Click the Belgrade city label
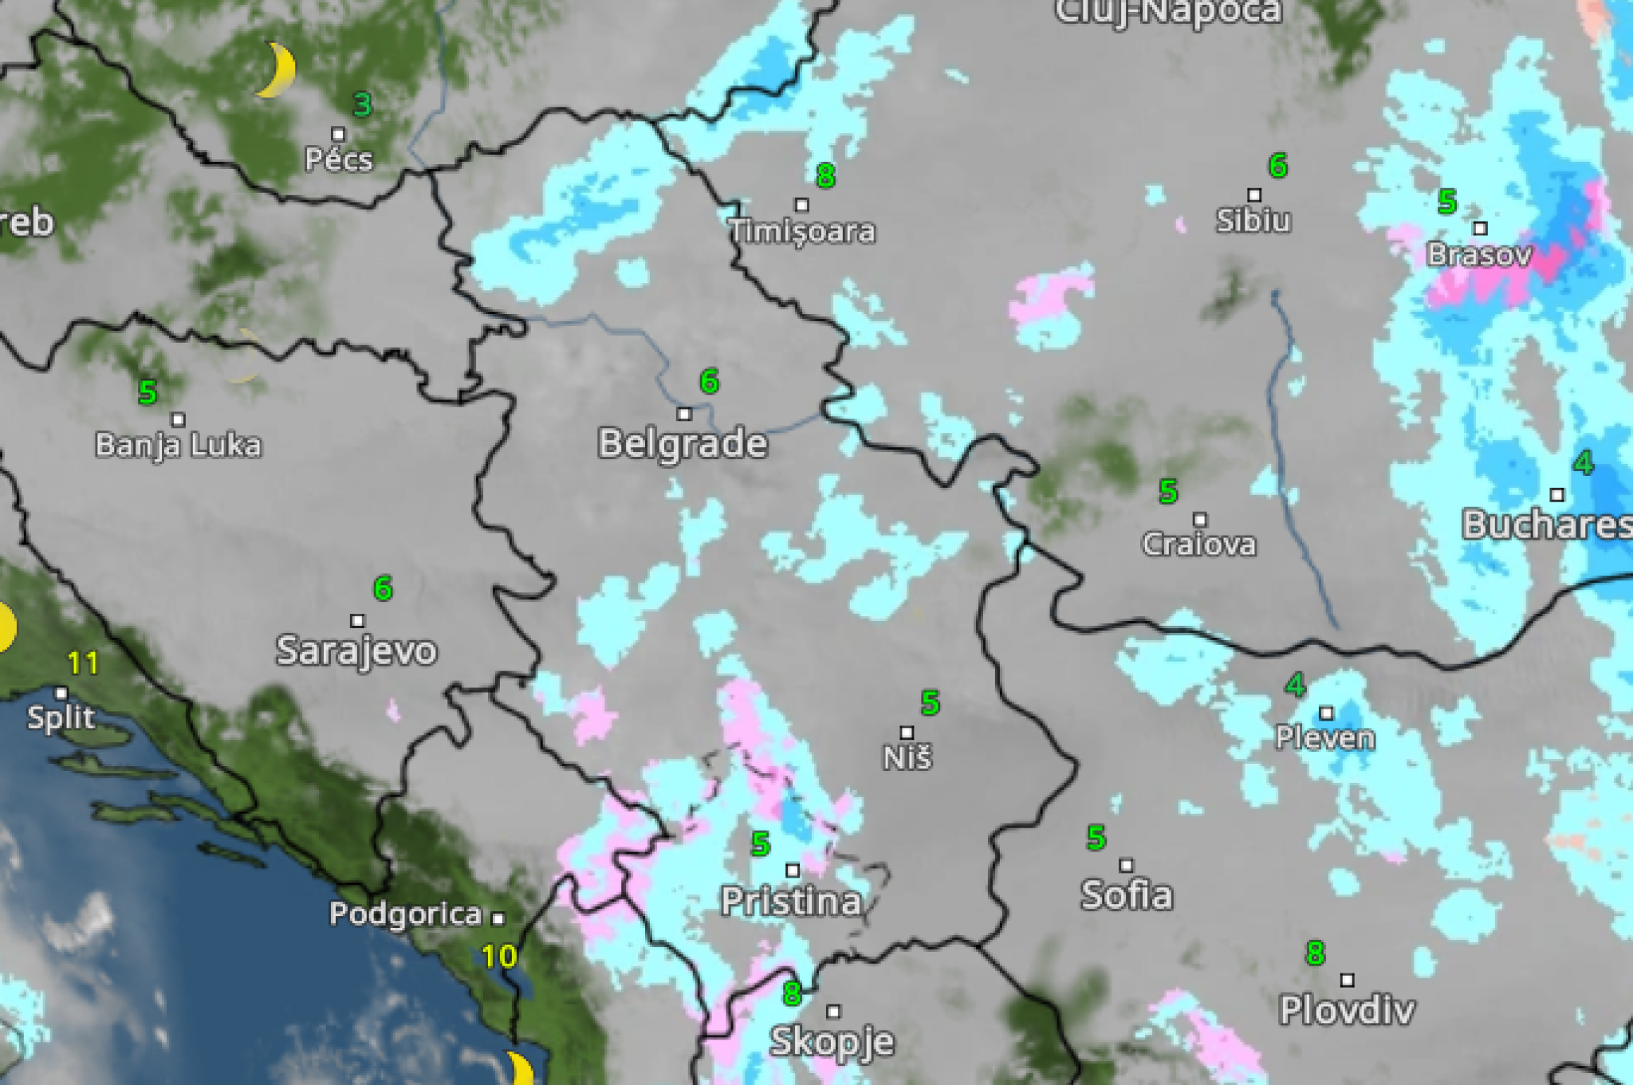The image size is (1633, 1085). coord(683,443)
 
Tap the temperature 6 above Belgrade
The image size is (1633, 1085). coord(709,381)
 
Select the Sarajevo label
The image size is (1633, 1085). coord(356,651)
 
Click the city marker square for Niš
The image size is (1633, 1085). coord(907,732)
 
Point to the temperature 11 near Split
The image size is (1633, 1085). coord(83,662)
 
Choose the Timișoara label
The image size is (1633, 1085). coord(802,231)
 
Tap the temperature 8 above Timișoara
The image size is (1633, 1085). coord(825,175)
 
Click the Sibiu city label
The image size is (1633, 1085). coord(1253,220)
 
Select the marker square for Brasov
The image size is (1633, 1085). coord(1480,228)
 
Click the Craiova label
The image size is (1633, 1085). coord(1199,544)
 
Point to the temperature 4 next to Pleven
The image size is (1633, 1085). coord(1295,684)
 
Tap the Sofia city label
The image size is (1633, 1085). coord(1127,894)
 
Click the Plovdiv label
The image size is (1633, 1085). coord(1347,1010)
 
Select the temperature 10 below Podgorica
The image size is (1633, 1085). coord(499,956)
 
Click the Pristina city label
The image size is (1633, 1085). coord(791,901)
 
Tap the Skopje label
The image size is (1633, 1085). coord(832,1041)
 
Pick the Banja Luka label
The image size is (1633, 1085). coord(178,445)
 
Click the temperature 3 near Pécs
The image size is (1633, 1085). coord(363,104)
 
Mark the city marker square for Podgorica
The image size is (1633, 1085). coord(498,918)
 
